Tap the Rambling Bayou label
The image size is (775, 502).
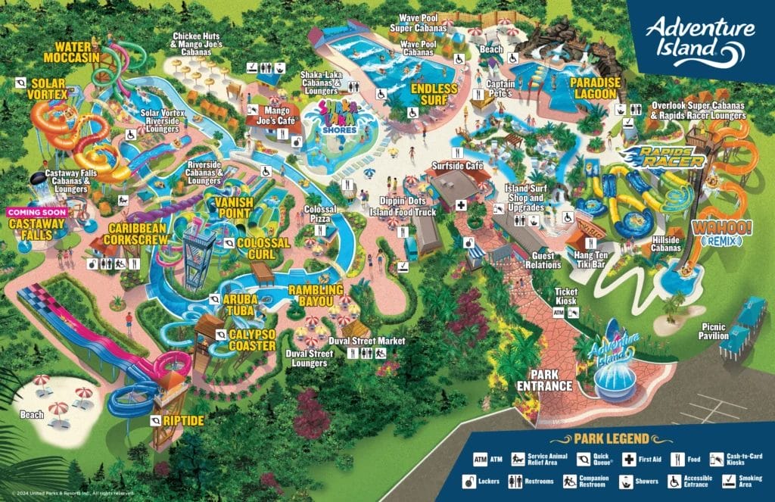click(316, 295)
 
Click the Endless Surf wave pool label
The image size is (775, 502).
click(435, 94)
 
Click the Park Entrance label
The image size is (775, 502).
click(550, 379)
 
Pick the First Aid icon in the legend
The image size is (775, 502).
click(628, 459)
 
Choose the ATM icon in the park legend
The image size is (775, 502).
click(480, 459)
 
